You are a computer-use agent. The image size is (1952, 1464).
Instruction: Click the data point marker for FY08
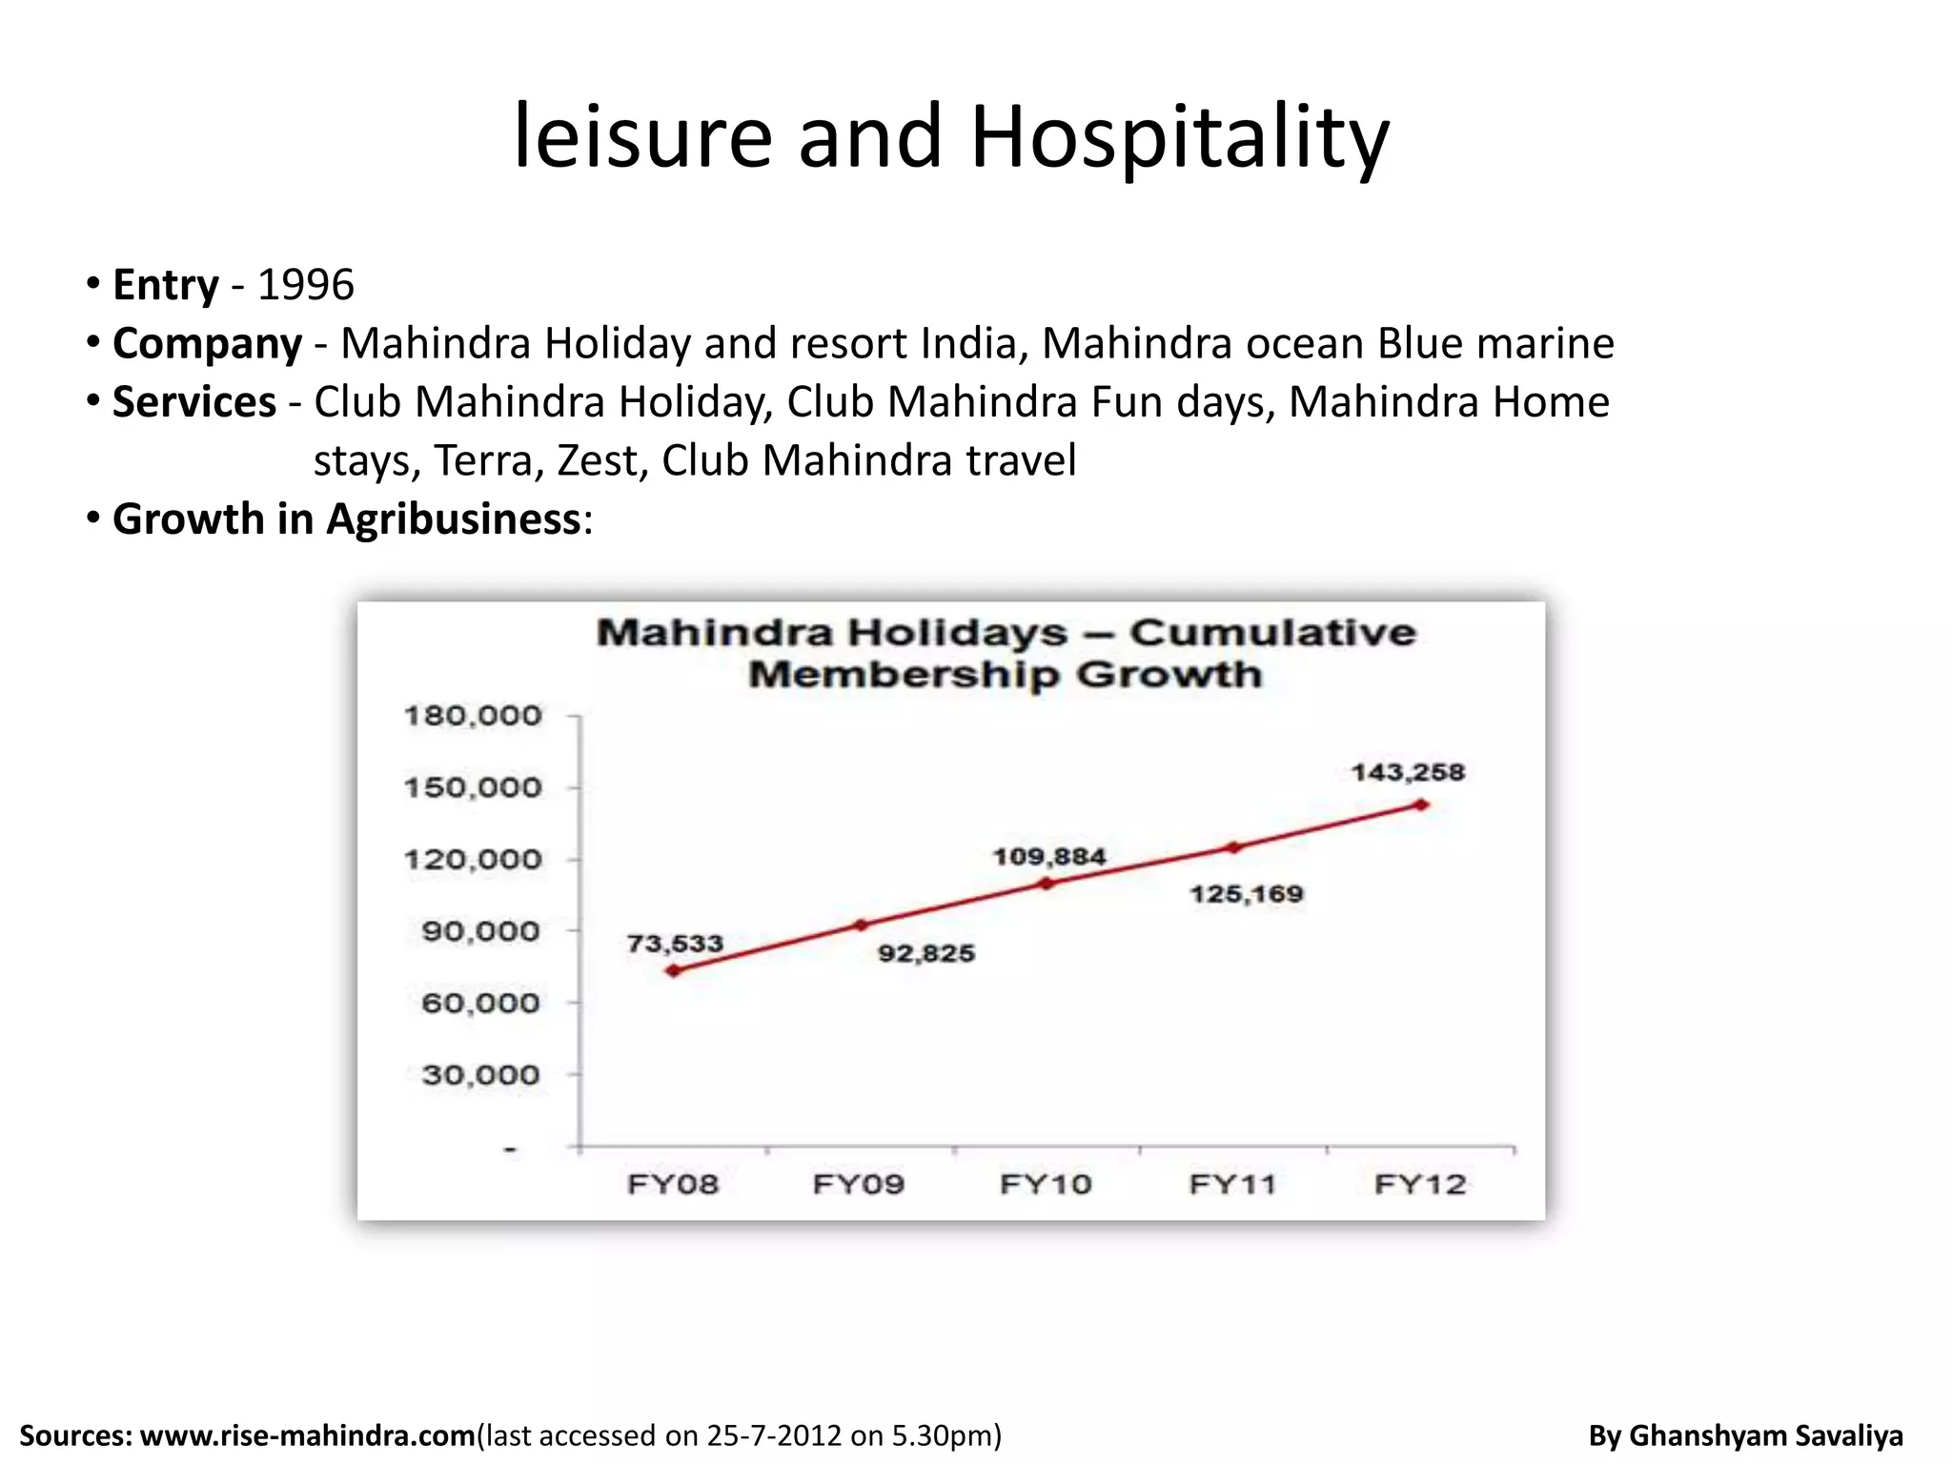coord(674,970)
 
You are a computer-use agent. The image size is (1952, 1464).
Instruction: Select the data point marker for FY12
coord(1421,804)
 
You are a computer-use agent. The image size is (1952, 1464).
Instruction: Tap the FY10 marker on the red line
coord(1047,884)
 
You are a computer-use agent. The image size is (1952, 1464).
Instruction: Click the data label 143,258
coord(1408,772)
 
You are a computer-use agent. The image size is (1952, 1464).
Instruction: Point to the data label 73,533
coord(675,944)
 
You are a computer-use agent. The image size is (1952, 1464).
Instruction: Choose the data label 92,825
coord(926,953)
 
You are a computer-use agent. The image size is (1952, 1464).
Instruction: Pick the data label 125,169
coord(1247,894)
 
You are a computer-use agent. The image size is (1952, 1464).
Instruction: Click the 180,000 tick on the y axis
coord(473,715)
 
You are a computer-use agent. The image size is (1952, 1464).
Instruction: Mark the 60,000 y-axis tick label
coord(480,1003)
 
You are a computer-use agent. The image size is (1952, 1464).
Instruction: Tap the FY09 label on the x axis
coord(859,1184)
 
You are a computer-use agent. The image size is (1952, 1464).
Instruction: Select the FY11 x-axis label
coord(1232,1184)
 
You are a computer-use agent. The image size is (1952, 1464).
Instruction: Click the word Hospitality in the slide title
coord(1179,138)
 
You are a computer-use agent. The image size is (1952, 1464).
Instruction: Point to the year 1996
coord(306,285)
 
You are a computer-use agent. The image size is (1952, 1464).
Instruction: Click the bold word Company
coord(207,343)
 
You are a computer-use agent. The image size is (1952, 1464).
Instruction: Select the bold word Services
coord(194,402)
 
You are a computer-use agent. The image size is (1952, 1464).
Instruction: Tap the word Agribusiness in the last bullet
coord(454,519)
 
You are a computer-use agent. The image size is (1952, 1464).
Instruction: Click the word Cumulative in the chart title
coord(1273,633)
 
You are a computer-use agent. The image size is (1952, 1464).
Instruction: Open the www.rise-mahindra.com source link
coord(308,1435)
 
